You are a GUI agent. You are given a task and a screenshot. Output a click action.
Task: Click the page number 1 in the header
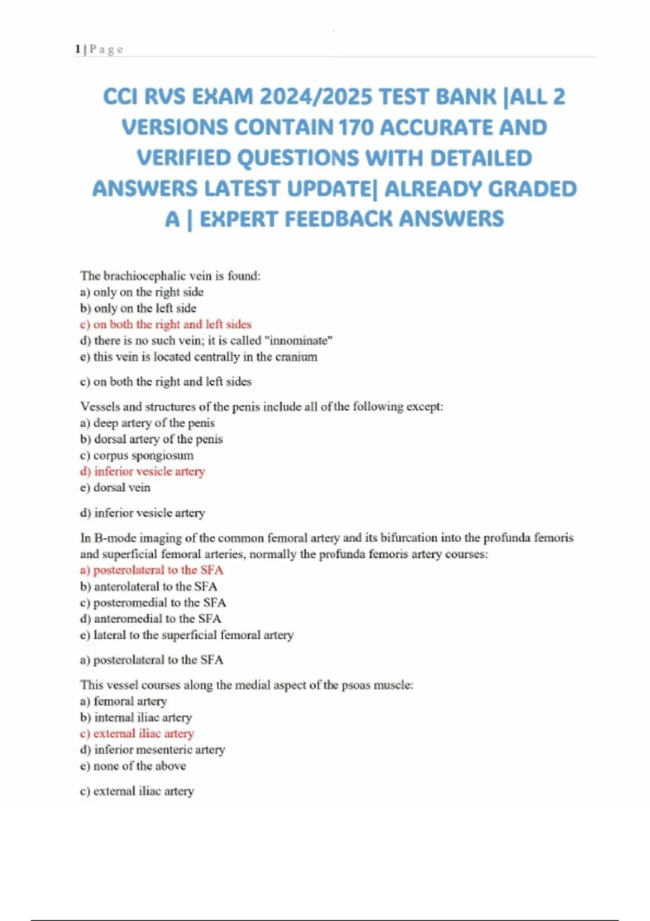77,49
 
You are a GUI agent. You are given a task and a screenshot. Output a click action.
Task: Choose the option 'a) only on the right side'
142,292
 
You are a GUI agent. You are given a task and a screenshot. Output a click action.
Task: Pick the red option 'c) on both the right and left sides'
166,325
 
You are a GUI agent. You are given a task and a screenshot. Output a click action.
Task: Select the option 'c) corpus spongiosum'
136,455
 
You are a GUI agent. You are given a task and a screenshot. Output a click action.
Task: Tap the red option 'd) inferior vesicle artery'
142,471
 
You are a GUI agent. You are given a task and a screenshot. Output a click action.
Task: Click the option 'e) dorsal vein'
115,488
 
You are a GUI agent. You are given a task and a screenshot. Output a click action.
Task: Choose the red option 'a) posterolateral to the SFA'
152,570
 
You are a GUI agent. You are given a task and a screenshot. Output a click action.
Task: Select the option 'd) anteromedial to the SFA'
151,619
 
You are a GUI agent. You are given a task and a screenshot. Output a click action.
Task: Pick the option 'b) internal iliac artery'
136,717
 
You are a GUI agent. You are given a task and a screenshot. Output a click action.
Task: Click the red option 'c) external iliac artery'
137,734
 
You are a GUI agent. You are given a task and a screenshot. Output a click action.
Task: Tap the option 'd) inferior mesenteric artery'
152,750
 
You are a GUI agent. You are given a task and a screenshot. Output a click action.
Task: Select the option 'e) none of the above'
133,766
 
